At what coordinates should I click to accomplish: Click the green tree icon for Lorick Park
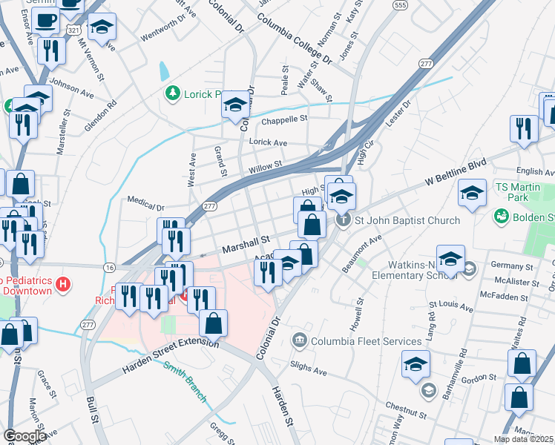(172, 93)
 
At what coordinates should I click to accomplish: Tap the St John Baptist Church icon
(343, 220)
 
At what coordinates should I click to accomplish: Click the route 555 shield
(401, 5)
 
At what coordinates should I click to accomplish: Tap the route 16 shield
(110, 266)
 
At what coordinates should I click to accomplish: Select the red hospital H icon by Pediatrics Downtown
(65, 283)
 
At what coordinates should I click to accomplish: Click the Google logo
(25, 436)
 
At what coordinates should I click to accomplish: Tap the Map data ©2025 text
(523, 439)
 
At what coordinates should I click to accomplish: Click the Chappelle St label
(283, 119)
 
